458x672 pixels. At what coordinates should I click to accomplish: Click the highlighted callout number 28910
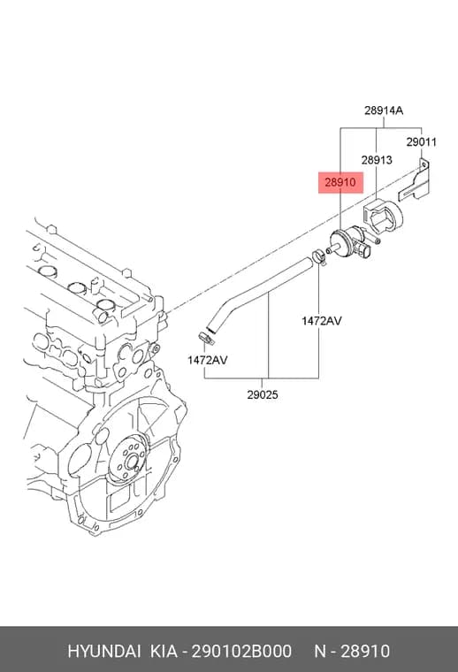click(x=340, y=182)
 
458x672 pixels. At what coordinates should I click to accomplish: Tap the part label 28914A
click(x=384, y=111)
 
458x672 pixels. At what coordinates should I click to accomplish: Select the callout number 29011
click(x=421, y=141)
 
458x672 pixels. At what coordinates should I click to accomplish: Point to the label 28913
click(x=376, y=160)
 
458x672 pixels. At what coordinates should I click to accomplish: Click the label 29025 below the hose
click(x=263, y=394)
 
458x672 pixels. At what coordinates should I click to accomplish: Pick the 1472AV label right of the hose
click(x=321, y=321)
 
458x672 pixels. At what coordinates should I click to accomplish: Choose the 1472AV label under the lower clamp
click(x=208, y=360)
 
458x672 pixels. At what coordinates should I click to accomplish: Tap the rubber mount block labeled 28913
click(x=383, y=217)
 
